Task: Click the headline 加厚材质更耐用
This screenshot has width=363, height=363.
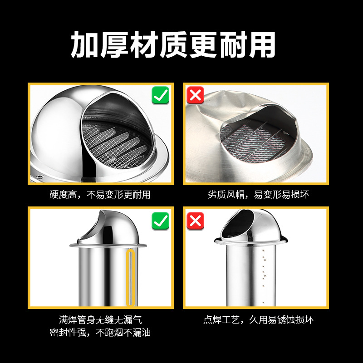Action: point(173,44)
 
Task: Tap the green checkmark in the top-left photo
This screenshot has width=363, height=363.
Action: point(160,96)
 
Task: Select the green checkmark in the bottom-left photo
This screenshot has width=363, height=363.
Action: point(160,221)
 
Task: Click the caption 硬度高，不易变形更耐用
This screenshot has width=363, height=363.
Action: point(100,195)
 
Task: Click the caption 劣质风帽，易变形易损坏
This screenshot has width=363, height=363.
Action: point(258,195)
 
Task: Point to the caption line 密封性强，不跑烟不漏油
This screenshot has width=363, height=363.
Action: point(100,333)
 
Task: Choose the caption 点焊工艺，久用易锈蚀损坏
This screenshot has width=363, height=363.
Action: point(258,320)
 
